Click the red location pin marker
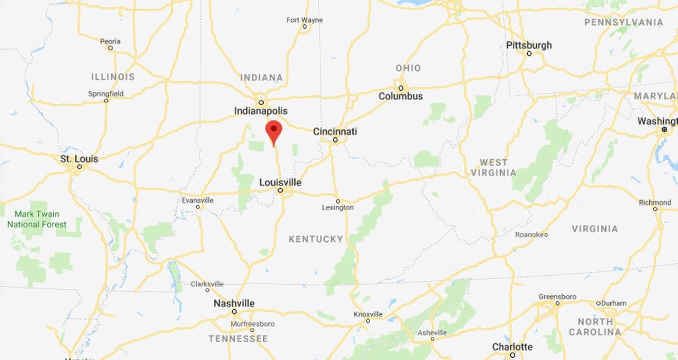click(x=274, y=132)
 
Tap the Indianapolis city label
click(x=261, y=111)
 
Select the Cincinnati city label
click(x=335, y=131)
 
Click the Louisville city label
click(x=280, y=183)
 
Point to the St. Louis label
click(x=79, y=159)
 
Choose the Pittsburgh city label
click(x=529, y=45)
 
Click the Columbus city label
click(x=401, y=96)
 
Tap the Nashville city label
click(x=234, y=303)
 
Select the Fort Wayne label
click(x=305, y=20)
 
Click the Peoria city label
click(x=110, y=41)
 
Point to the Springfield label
click(x=106, y=93)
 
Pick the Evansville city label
click(x=198, y=200)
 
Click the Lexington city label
click(x=338, y=207)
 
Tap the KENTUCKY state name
click(x=316, y=239)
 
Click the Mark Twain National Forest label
click(x=37, y=219)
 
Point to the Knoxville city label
click(x=368, y=314)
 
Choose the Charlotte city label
click(x=512, y=346)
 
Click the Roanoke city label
click(x=531, y=235)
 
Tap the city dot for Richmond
click(x=655, y=209)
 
